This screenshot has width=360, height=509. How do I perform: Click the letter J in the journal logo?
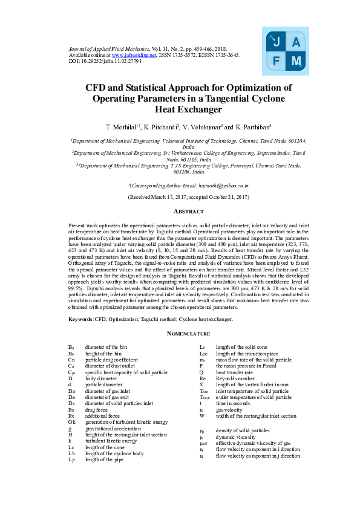[x=276, y=42]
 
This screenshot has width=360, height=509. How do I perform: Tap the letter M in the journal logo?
[x=296, y=62]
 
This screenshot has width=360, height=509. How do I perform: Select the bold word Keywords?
[x=80, y=319]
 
